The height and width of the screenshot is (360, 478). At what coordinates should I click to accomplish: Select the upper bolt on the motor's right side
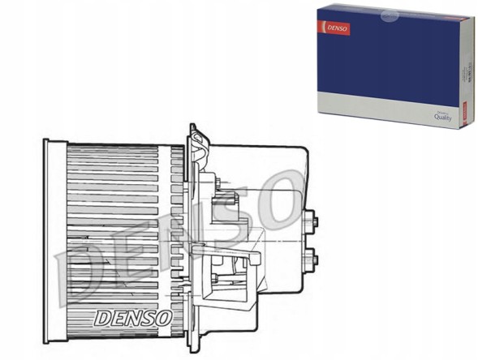pyautogui.click(x=311, y=219)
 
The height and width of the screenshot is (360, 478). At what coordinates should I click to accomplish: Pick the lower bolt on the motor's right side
pyautogui.click(x=311, y=261)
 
